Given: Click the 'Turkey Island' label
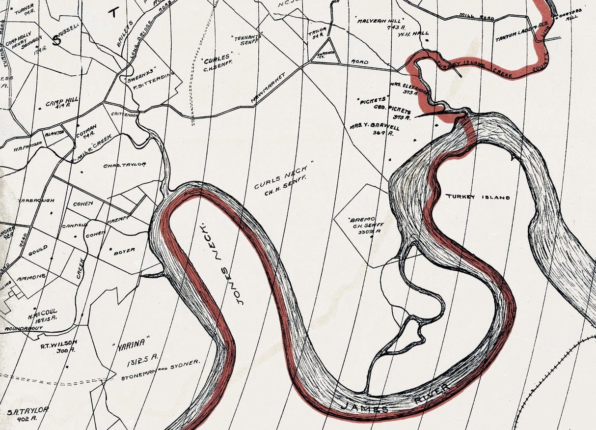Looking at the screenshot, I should coord(478,197).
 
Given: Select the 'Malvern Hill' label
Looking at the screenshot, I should coord(386,22).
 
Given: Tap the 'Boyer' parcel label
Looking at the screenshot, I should coord(124,250).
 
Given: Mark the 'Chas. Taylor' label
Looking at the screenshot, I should coord(125,165).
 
